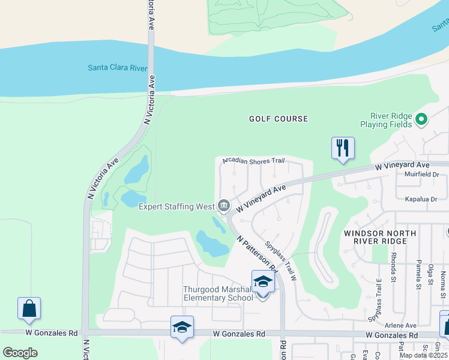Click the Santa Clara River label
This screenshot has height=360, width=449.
tap(117, 68)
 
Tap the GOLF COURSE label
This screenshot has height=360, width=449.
tap(279, 119)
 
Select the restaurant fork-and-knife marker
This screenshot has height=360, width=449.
tap(343, 148)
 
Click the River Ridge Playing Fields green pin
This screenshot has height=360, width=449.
tap(421, 119)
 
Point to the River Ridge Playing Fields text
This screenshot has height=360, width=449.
tap(391, 119)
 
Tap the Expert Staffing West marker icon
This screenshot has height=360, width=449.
tap(224, 206)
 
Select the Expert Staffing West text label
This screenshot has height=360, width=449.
tap(176, 207)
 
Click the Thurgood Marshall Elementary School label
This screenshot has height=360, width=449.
tap(218, 293)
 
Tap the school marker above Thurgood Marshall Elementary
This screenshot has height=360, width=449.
tap(263, 281)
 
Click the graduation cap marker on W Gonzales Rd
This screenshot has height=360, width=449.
tap(182, 327)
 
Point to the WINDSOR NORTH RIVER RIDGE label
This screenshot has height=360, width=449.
tap(375, 236)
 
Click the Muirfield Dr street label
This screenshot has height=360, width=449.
tap(422, 175)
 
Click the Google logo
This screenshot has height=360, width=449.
tap(20, 353)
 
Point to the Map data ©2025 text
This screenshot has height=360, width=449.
tap(423, 355)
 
